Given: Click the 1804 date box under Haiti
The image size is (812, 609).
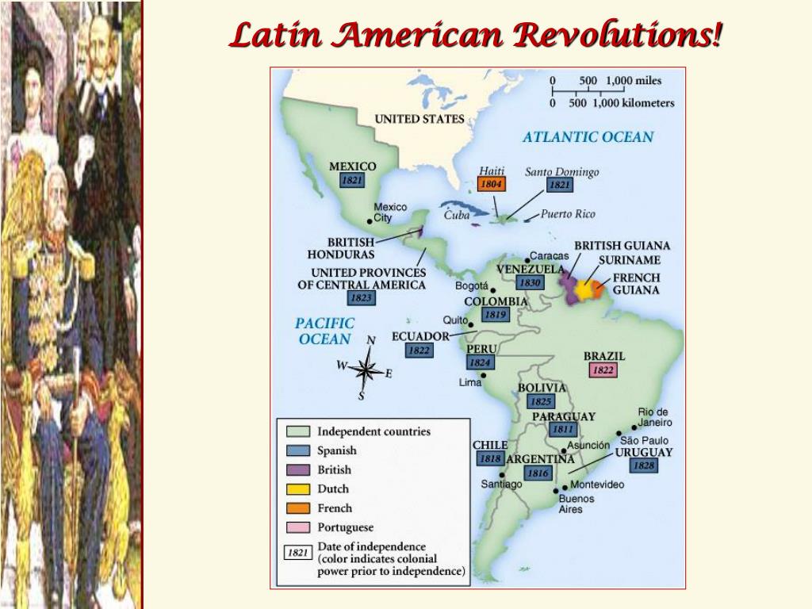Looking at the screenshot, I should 492,185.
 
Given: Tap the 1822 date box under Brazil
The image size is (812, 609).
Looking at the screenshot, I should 603,370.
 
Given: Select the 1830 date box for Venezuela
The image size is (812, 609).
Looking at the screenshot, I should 530,283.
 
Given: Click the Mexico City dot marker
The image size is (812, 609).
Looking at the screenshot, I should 370,220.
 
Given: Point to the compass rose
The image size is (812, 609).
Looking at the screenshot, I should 366,370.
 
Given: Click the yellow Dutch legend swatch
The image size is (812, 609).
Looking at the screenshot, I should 298,489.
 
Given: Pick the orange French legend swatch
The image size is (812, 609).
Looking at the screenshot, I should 298,508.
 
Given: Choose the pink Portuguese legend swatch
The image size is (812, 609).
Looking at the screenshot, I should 298,527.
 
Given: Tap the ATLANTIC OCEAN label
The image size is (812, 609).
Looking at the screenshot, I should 588,137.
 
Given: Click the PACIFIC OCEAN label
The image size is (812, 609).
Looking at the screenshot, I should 324,331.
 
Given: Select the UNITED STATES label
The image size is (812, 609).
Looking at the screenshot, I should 419,119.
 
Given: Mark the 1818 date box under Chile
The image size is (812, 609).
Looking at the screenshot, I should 490,459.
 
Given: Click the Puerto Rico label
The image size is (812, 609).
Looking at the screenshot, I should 568,214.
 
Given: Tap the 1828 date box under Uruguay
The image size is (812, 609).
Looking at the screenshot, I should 644,465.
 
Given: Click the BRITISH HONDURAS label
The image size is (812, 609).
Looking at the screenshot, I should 341,248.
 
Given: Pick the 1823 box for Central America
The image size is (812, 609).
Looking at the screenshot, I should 361,299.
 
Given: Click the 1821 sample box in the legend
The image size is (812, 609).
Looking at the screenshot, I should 297,553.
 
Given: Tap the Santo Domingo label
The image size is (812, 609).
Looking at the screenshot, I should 562,172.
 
